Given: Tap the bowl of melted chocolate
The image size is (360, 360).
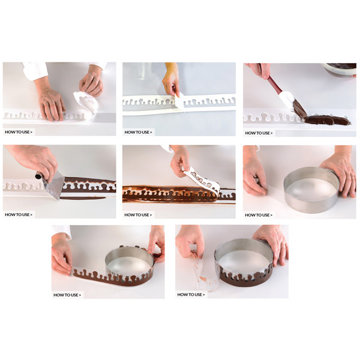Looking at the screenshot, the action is [x=339, y=68].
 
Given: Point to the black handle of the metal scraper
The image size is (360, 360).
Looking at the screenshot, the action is [x=39, y=176].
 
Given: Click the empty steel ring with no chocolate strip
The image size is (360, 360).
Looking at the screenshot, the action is [x=311, y=189].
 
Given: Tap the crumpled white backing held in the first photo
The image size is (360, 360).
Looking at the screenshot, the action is [x=85, y=103].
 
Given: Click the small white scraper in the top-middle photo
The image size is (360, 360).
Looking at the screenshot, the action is [x=179, y=102].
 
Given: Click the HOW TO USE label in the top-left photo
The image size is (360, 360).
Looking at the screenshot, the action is [x=19, y=132].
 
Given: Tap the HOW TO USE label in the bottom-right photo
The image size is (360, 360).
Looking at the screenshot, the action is [x=191, y=295].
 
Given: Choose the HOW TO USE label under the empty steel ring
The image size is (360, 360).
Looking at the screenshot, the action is [x=259, y=215].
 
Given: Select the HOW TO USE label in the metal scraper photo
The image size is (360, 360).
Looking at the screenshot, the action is [x=19, y=215].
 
